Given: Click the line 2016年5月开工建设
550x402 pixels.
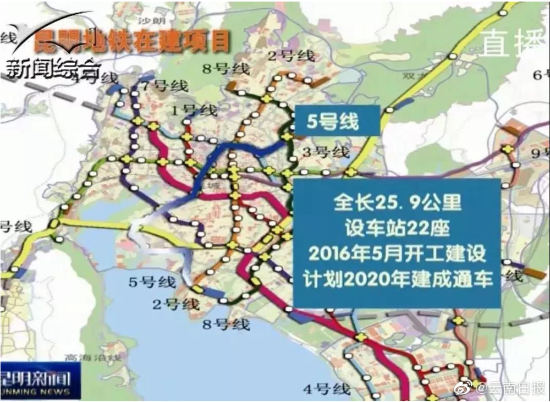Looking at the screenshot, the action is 397,253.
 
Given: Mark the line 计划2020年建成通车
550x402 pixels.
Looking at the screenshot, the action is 397,279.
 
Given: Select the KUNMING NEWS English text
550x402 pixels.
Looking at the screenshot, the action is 36,392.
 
